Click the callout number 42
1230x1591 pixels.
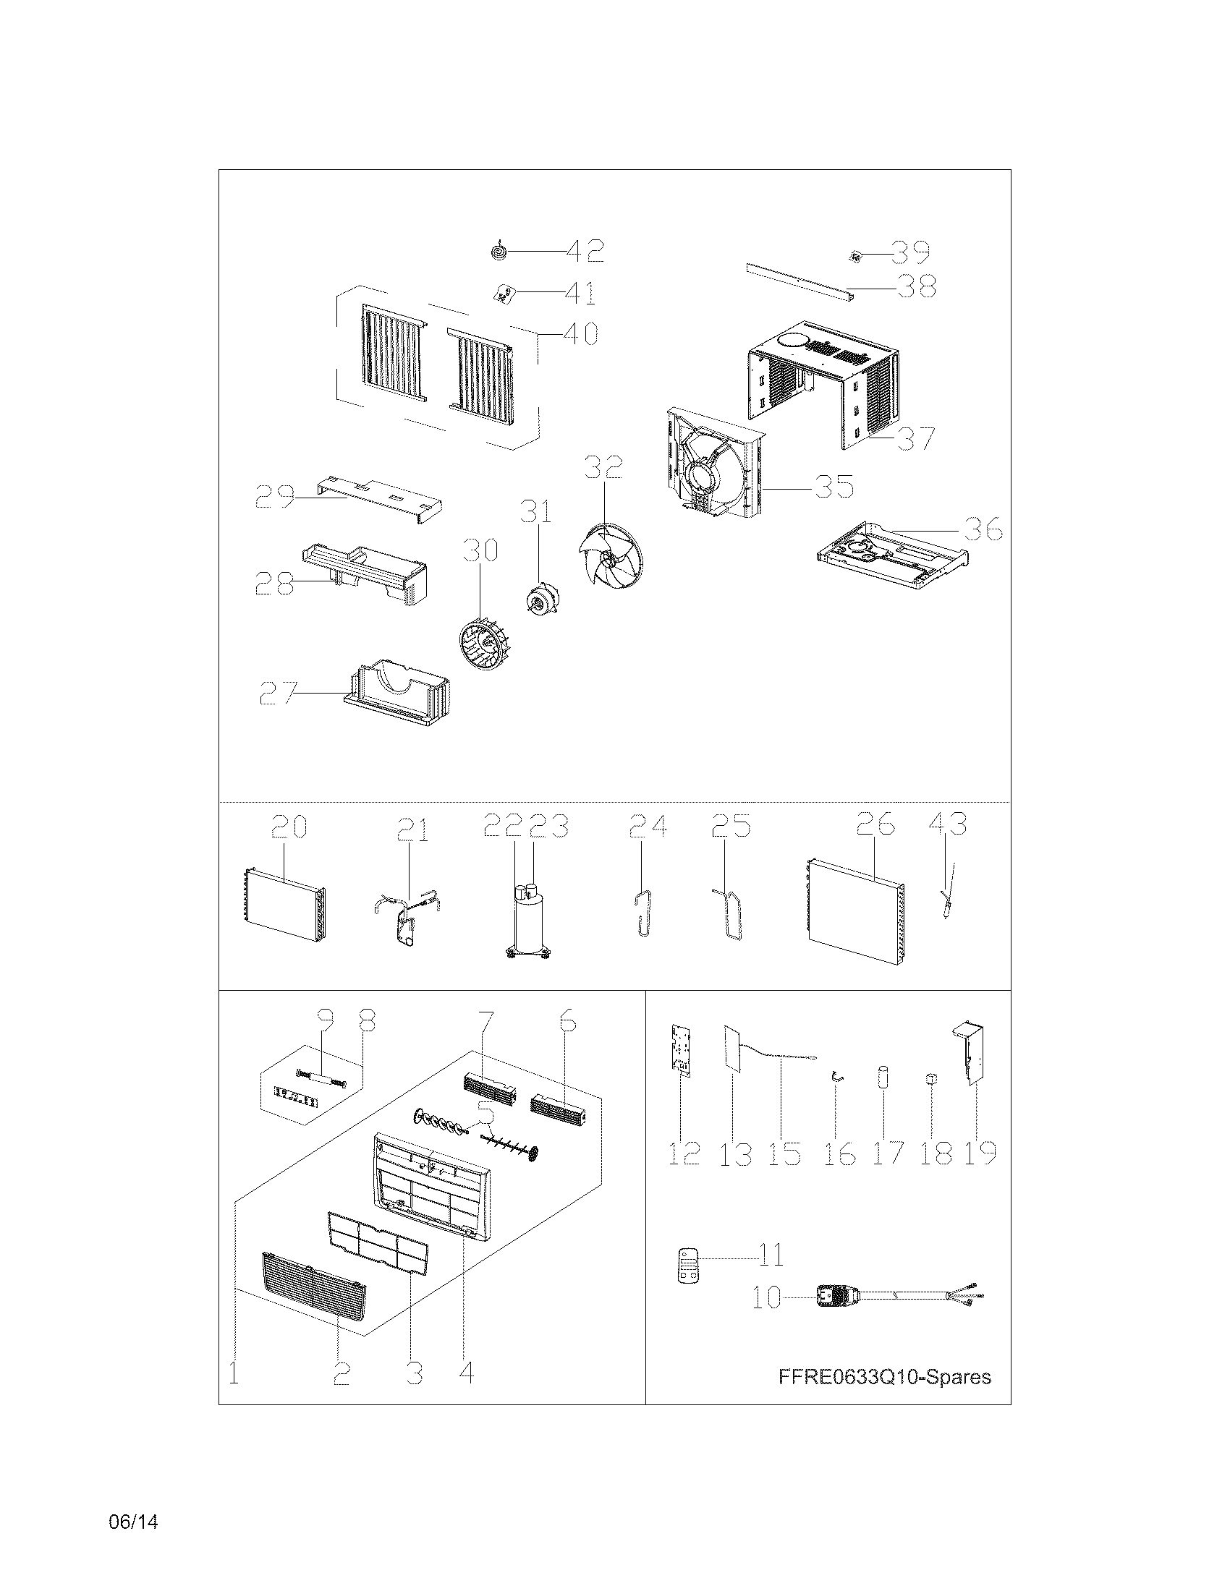coord(585,252)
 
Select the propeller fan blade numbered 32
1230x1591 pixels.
coord(611,561)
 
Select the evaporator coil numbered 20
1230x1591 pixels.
coord(284,903)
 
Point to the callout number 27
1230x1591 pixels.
coord(277,694)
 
